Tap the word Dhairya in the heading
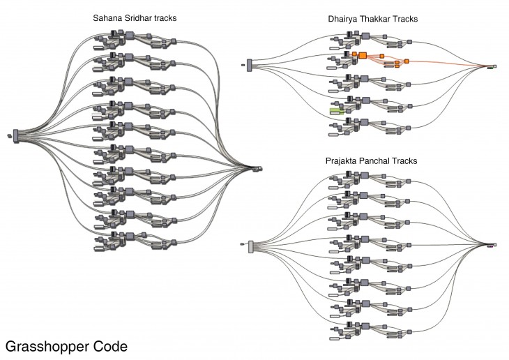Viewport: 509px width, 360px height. tap(342, 20)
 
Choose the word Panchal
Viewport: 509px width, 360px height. tap(377, 161)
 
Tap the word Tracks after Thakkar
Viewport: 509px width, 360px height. tap(406, 20)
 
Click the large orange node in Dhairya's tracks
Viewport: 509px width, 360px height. tap(363, 54)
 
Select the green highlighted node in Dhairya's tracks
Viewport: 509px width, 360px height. tap(337, 110)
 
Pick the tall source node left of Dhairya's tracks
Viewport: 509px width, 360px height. tap(249, 66)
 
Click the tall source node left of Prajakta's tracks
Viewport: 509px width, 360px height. tap(251, 245)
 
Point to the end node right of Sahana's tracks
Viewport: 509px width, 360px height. tap(258, 168)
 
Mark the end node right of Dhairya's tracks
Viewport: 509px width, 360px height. tap(493, 67)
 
